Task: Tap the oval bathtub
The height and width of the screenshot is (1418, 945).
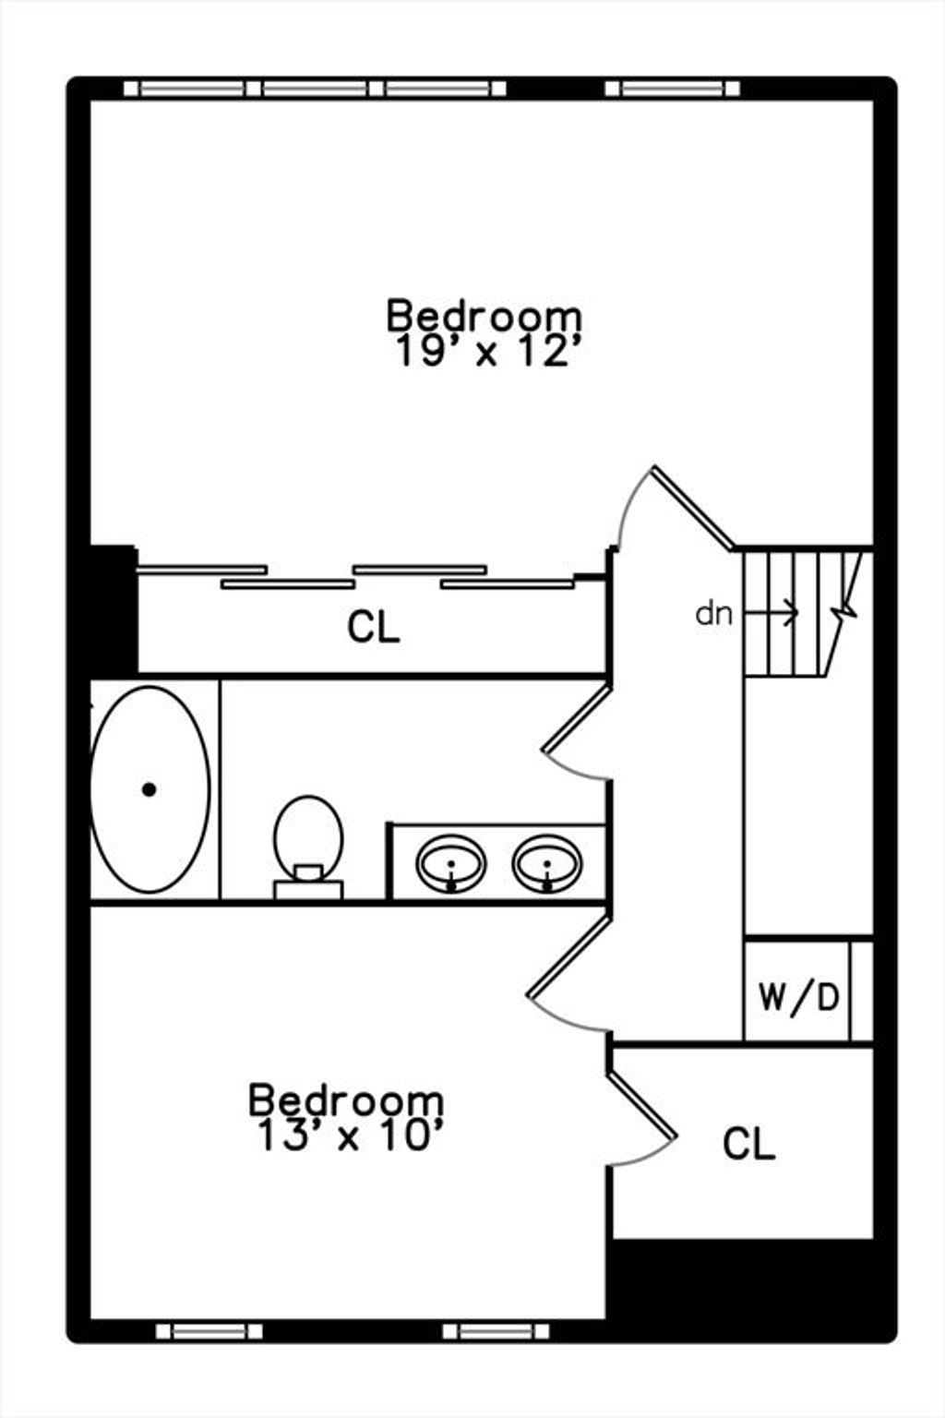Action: (150, 789)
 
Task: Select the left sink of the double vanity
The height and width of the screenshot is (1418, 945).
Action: (450, 863)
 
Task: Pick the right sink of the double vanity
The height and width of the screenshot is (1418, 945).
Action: (547, 863)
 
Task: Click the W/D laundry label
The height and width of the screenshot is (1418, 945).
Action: (799, 997)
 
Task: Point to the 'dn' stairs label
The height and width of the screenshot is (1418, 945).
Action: (714, 613)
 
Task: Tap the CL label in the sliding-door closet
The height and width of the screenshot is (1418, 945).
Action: (374, 628)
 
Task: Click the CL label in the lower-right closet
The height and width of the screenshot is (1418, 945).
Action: (748, 1143)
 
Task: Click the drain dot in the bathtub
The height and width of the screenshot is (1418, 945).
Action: (150, 789)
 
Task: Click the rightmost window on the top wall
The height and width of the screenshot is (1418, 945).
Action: (672, 89)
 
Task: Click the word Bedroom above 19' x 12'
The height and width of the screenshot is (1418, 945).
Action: (484, 315)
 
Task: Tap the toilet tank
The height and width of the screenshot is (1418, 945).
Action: (308, 889)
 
